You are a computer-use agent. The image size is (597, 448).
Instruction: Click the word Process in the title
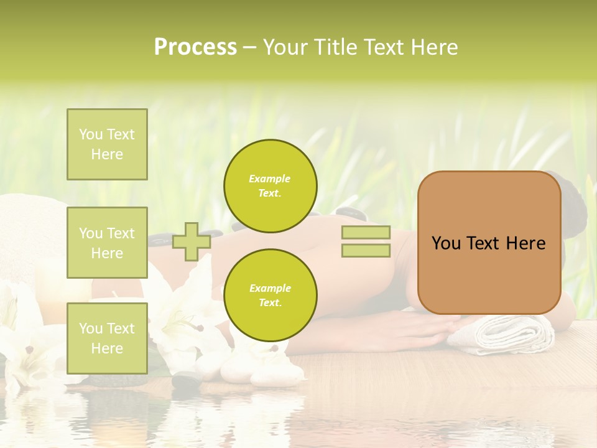tap(195, 47)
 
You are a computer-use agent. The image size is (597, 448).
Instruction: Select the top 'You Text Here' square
tap(107, 144)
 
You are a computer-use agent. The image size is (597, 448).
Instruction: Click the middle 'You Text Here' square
tap(107, 243)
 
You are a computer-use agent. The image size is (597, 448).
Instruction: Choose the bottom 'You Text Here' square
tap(107, 338)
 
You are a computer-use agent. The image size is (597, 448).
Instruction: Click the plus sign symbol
tap(191, 241)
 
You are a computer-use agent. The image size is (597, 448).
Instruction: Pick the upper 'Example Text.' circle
tap(271, 186)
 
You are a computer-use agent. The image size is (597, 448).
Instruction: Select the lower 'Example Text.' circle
tap(271, 296)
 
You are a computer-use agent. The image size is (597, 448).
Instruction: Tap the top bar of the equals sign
tap(366, 233)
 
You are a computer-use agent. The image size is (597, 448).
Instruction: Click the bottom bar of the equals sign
tap(366, 250)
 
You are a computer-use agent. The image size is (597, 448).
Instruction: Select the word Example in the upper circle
tap(269, 179)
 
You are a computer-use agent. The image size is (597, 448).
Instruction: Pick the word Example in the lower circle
tap(270, 288)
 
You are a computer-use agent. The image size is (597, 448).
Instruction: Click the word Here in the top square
tap(107, 154)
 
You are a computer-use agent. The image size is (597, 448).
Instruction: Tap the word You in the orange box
tap(445, 243)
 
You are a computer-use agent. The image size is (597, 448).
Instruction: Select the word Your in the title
tap(287, 47)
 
